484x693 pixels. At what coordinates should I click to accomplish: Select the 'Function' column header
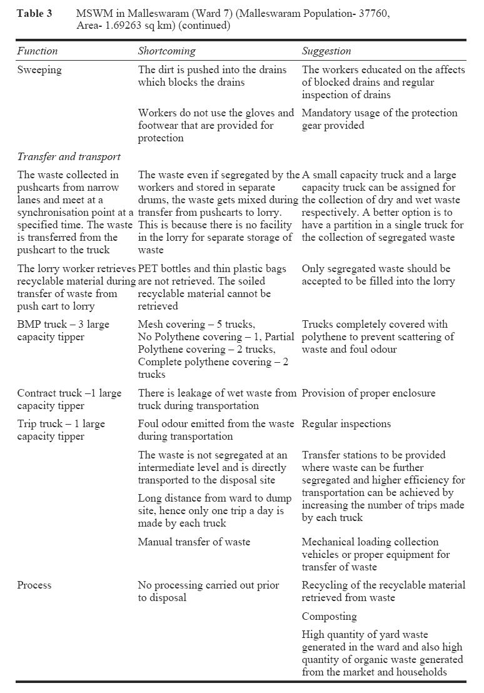37,51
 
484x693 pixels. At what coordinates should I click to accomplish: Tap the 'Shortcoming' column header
166,51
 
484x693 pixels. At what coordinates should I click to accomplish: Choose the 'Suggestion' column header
326,51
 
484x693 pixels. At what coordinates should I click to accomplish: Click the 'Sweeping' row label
39,70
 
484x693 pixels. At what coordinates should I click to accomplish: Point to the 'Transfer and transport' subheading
69,156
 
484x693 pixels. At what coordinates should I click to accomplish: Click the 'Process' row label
34,585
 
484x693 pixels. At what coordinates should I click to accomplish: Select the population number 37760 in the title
374,14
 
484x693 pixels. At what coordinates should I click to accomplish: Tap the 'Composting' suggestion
330,617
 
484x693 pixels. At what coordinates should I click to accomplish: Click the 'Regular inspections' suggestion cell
346,424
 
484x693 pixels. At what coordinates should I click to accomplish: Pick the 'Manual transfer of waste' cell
194,542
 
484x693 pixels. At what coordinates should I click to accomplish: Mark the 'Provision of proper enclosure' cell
369,393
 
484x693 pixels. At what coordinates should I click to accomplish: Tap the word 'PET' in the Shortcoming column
149,269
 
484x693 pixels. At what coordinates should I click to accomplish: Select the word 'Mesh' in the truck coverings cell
151,325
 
